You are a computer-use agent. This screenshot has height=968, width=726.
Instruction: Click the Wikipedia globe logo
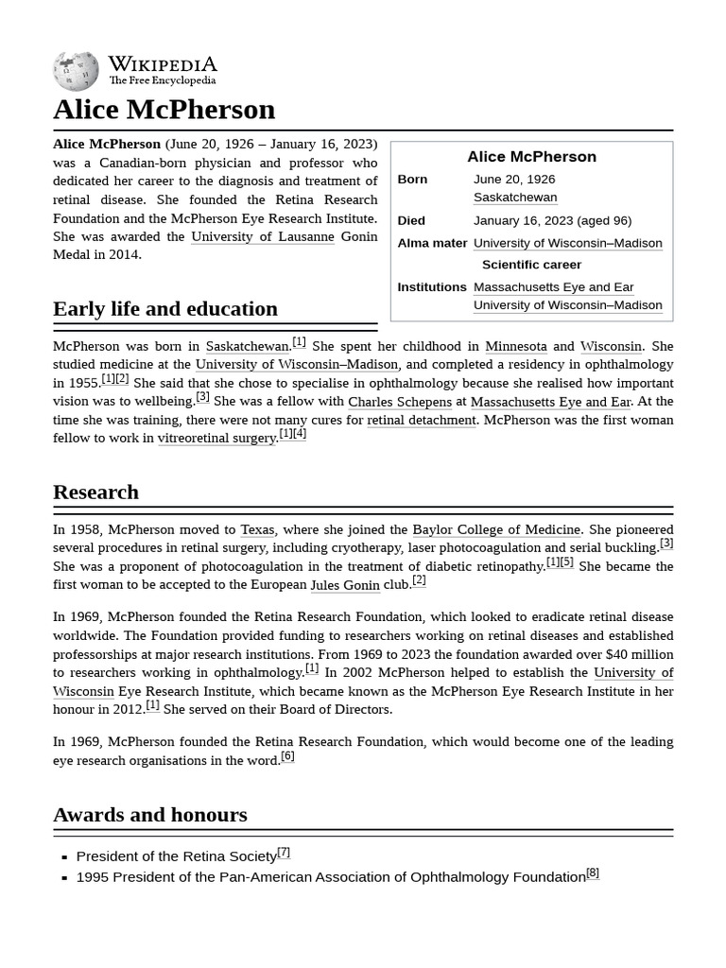[x=76, y=71]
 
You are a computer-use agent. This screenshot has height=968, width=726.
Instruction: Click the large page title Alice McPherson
[x=164, y=110]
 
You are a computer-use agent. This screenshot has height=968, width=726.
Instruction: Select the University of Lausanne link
[x=262, y=236]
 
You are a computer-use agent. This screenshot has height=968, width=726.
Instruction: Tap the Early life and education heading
[x=165, y=308]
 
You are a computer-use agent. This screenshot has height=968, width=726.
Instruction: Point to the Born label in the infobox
[x=412, y=179]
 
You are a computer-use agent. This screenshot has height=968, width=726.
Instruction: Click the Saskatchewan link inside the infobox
[x=514, y=197]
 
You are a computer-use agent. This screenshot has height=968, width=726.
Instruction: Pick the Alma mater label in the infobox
[x=432, y=243]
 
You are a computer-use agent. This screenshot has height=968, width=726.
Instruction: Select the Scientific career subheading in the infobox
[x=531, y=265]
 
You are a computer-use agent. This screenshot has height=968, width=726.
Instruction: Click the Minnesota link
[x=515, y=346]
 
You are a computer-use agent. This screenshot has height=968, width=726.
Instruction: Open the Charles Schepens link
[x=399, y=402]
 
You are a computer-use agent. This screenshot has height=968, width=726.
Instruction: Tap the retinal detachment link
[x=421, y=420]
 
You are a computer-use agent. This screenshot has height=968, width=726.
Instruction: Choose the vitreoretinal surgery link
[x=216, y=439]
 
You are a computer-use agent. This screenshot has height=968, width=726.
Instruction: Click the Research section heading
[x=95, y=492]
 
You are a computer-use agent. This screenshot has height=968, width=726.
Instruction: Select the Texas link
[x=257, y=529]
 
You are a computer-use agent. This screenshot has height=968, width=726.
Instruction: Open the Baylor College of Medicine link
[x=495, y=529]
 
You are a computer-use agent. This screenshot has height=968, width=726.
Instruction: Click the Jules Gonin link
[x=344, y=585]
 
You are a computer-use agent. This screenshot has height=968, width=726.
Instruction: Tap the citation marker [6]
[x=287, y=756]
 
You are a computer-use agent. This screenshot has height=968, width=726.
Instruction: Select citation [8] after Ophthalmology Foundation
[x=592, y=873]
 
